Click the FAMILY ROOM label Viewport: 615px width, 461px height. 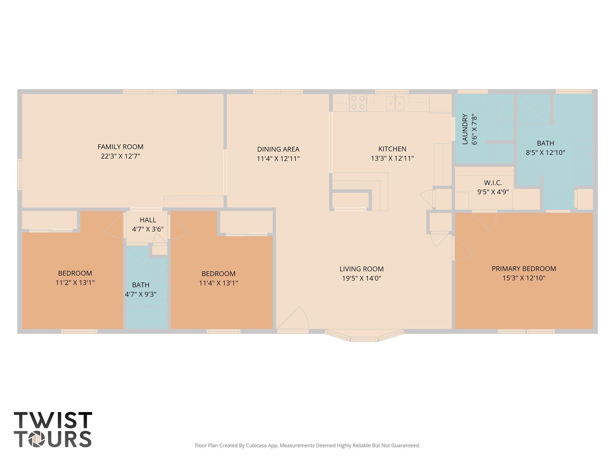tap(120, 147)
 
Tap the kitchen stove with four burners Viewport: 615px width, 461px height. tap(358, 102)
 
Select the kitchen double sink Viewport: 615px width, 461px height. tap(395, 103)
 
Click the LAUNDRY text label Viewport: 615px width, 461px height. tap(465, 129)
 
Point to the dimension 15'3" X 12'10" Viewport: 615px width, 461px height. tap(524, 278)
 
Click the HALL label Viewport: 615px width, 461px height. tap(148, 220)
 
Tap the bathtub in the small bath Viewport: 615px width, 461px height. tap(147, 318)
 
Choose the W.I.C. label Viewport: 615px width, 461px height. tap(493, 183)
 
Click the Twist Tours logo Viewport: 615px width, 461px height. tap(53, 429)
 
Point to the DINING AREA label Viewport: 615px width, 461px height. tap(278, 149)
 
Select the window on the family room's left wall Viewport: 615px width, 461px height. tap(20, 174)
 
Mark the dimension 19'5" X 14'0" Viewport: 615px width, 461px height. tap(361, 278)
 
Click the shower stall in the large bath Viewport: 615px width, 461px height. tap(533, 109)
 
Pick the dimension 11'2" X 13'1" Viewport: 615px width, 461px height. tap(75, 283)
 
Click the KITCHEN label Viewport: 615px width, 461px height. tap(392, 149)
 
